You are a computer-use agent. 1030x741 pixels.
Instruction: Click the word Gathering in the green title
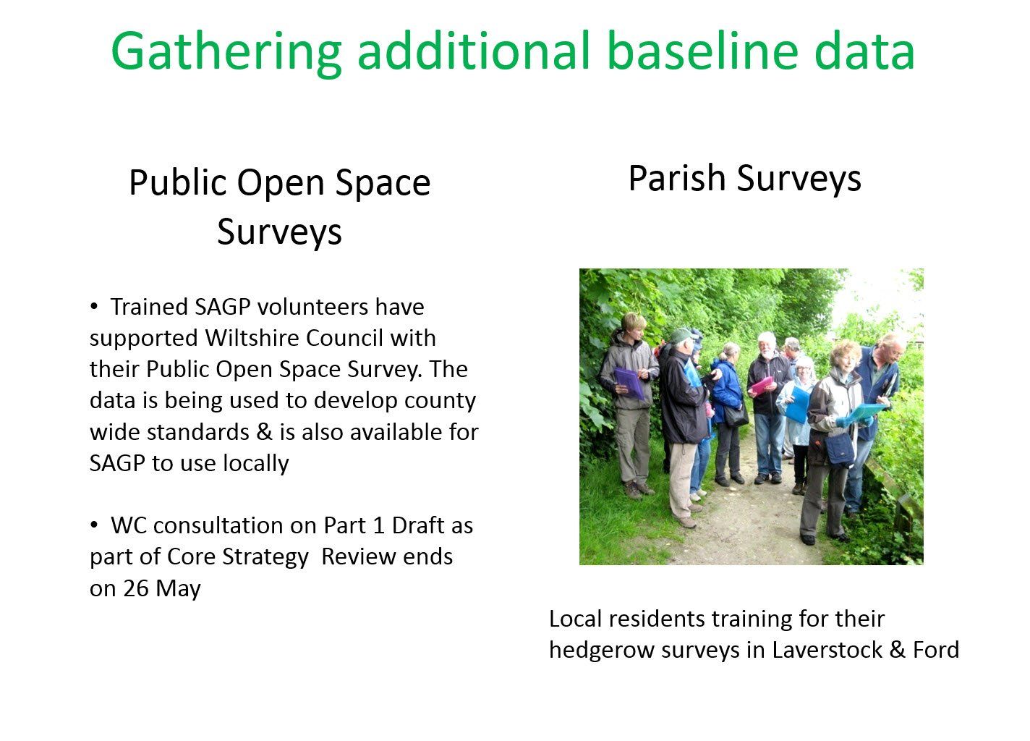pos(226,52)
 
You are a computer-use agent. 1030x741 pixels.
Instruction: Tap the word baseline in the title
pos(703,51)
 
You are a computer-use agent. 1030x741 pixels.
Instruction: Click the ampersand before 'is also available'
pos(265,432)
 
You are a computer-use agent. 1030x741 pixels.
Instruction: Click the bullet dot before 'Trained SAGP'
pos(94,306)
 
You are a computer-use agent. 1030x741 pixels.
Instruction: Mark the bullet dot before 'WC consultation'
pos(94,525)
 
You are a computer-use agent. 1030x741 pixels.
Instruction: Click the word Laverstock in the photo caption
pos(827,650)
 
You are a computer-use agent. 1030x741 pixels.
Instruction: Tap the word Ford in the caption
pos(936,650)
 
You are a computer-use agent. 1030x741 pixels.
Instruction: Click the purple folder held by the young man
pos(629,383)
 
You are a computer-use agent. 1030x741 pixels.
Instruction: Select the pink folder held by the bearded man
pos(762,385)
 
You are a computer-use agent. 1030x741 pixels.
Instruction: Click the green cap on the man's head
pos(682,335)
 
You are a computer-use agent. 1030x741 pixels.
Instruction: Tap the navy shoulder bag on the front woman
pos(839,449)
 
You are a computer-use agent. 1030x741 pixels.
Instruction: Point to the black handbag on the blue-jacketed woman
pos(736,415)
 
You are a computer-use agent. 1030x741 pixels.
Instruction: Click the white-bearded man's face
pos(767,346)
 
